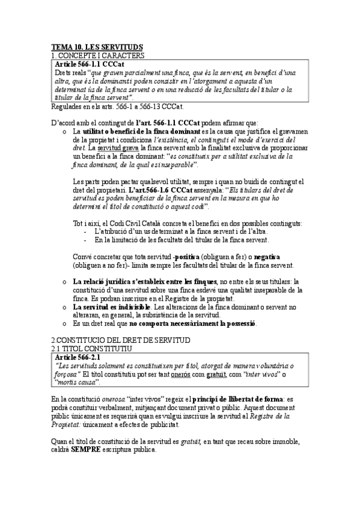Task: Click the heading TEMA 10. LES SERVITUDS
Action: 96,47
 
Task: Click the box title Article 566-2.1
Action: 78,358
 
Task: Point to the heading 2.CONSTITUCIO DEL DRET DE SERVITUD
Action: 121,340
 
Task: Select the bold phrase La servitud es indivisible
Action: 111,307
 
